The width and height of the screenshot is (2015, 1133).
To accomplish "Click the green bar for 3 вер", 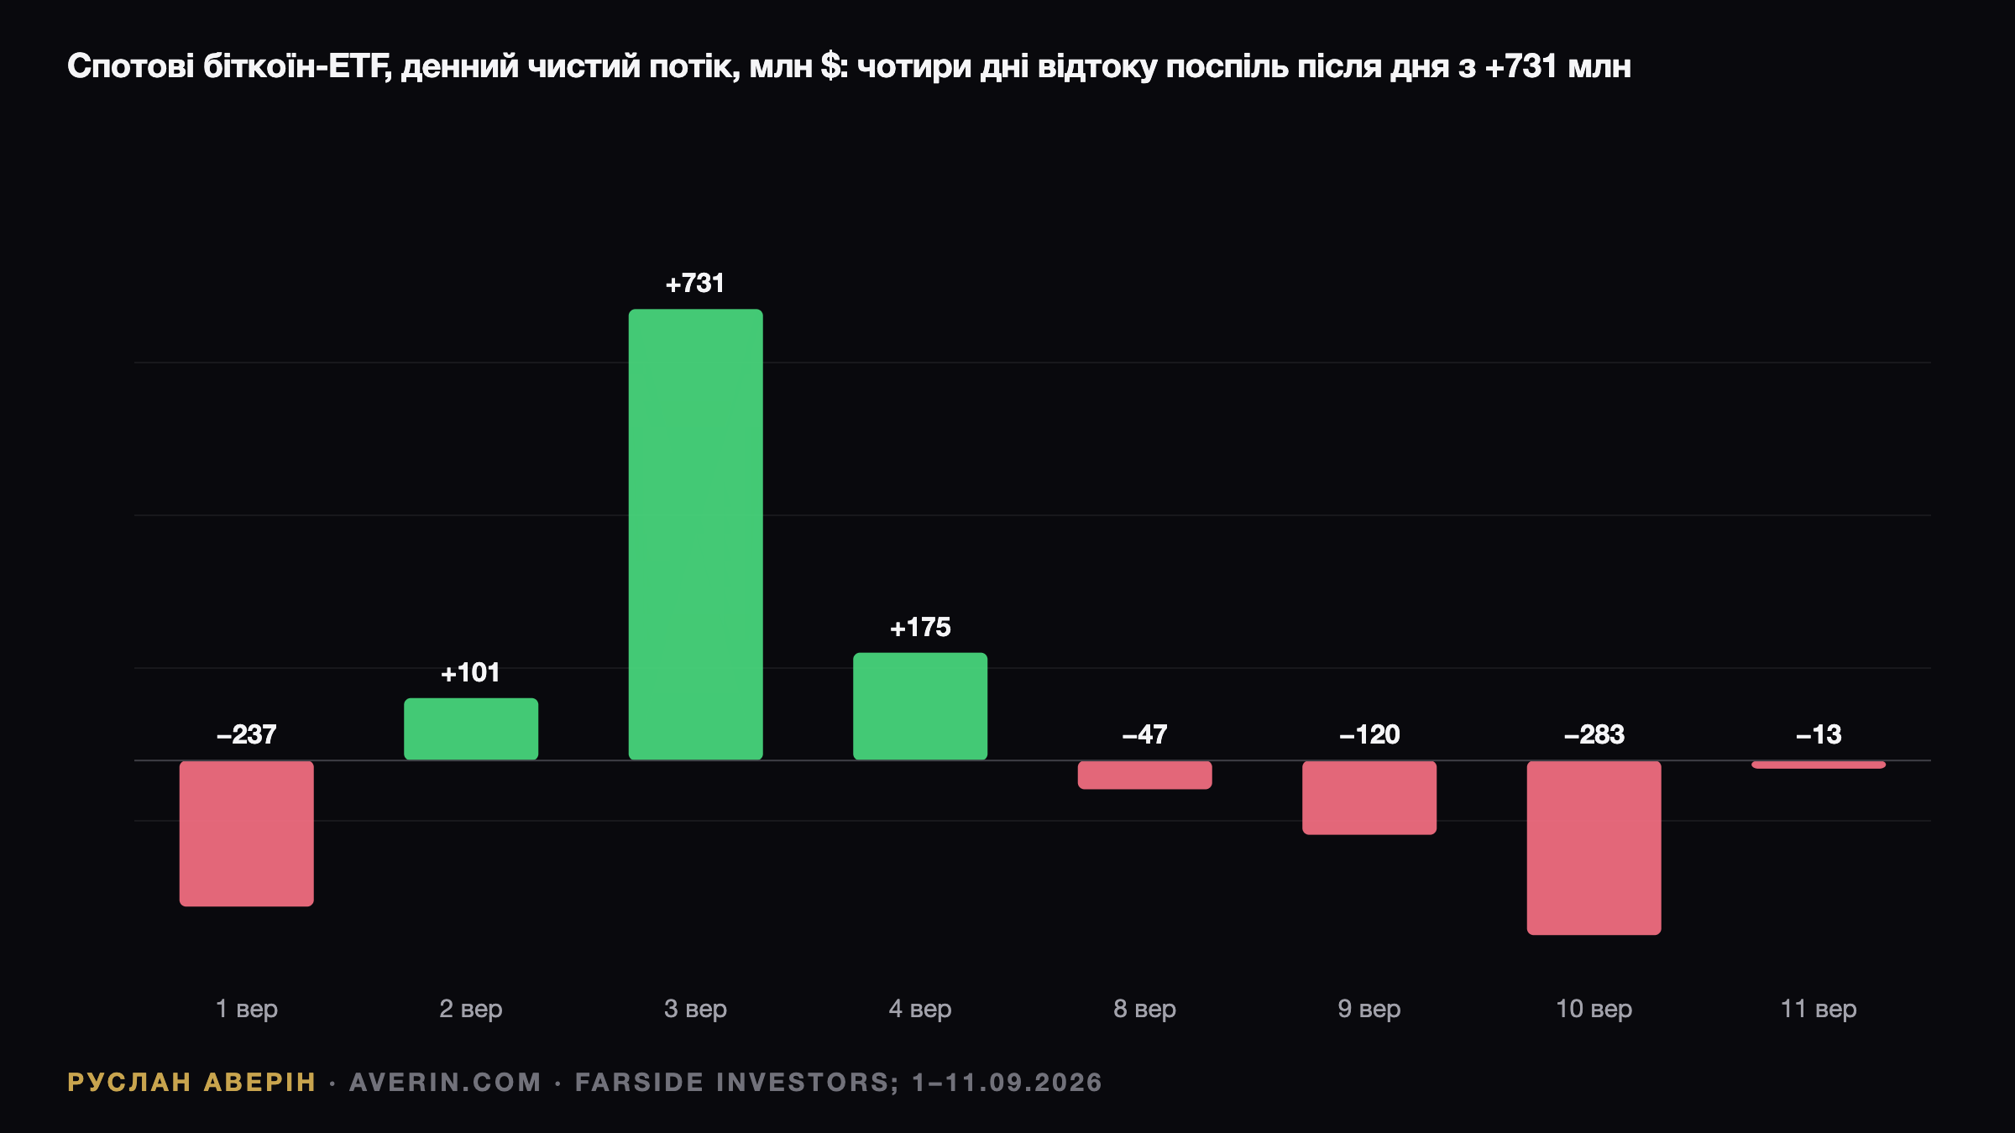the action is tap(696, 535).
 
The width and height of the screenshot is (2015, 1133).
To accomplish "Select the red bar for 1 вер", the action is tap(247, 833).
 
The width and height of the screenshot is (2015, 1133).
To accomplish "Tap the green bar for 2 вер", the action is tap(471, 729).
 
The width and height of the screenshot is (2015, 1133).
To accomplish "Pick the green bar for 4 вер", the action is tap(920, 707).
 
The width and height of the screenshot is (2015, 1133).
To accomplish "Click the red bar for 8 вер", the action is tap(1145, 775).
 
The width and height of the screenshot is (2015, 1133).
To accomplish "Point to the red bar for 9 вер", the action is tap(1369, 797).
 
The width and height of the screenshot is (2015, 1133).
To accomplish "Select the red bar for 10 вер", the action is tap(1594, 848).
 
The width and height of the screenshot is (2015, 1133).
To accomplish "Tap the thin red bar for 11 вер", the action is tap(1819, 765).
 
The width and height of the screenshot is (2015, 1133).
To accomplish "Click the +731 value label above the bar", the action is tap(695, 284).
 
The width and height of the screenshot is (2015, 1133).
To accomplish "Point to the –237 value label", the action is tap(247, 735).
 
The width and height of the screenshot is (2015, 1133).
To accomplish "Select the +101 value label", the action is tap(471, 673).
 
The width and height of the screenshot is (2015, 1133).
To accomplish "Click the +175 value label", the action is tap(920, 628).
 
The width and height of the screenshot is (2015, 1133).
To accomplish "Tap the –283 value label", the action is tap(1594, 735).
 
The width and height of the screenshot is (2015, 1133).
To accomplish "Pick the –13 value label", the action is tap(1819, 735).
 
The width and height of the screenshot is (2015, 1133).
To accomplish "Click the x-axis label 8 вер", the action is tap(1145, 1009).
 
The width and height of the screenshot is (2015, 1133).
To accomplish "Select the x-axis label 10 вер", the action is tap(1594, 1009).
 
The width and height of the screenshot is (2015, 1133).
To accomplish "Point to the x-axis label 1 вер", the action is tap(247, 1009).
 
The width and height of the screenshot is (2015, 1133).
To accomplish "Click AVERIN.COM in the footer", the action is tap(445, 1083).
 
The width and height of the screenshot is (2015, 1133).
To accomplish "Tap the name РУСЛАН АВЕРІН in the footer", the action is tap(191, 1083).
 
